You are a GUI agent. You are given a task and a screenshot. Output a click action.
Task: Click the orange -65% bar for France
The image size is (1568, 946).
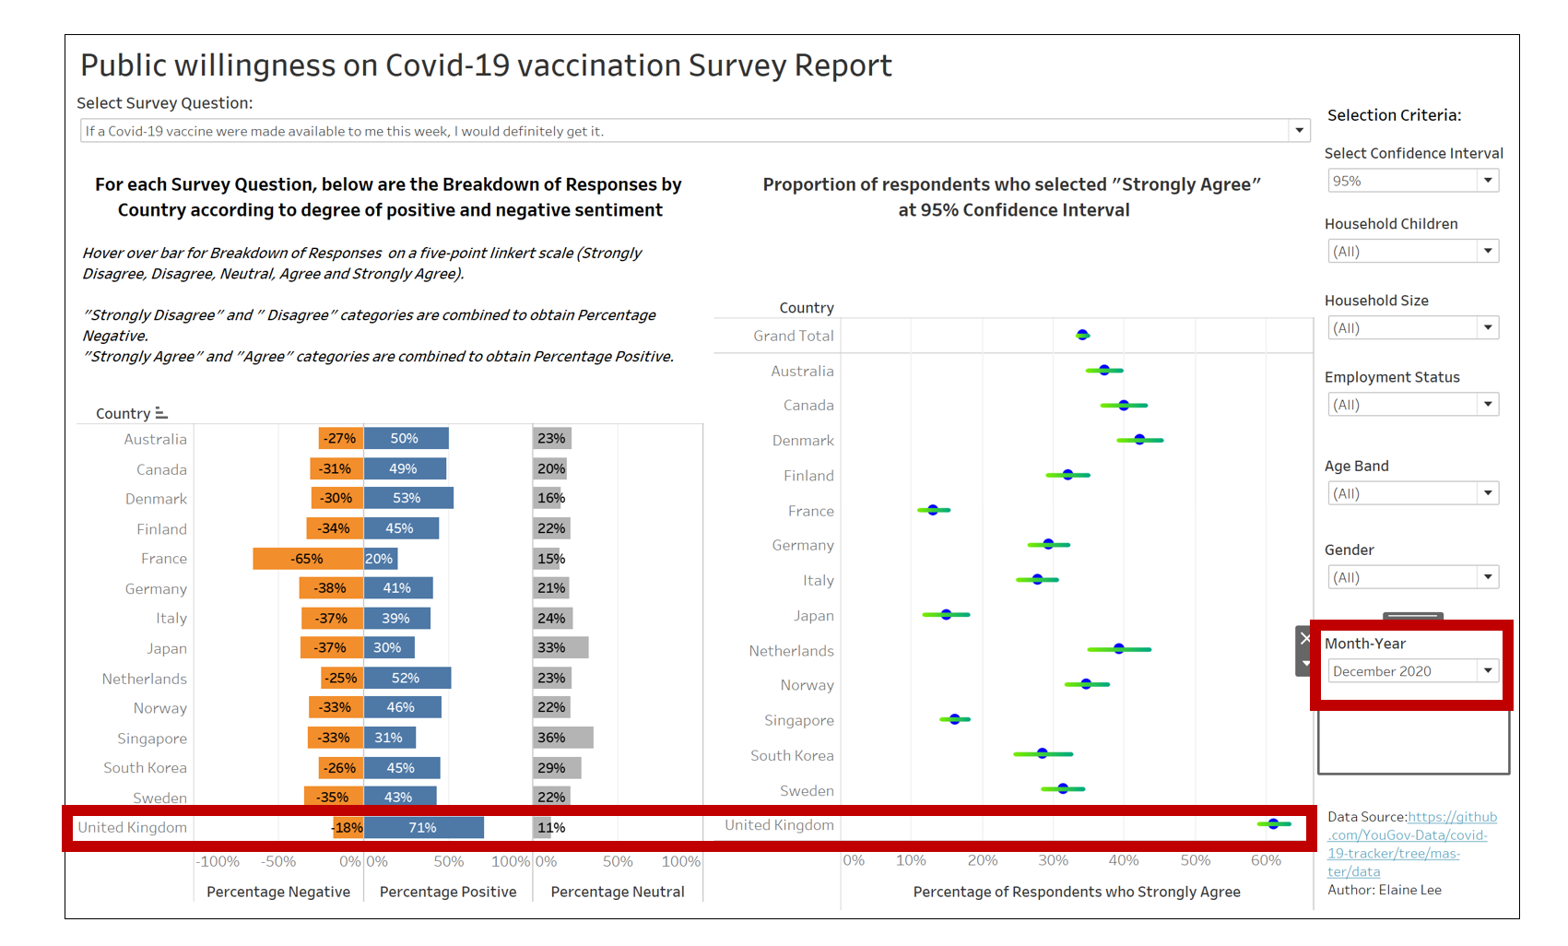[x=308, y=559]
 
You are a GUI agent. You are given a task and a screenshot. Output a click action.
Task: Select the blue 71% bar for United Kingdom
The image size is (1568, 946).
[x=423, y=828]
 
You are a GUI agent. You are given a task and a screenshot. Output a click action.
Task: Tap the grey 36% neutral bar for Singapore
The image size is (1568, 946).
[x=562, y=738]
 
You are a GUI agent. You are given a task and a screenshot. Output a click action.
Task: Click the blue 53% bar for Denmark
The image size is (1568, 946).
[x=407, y=498]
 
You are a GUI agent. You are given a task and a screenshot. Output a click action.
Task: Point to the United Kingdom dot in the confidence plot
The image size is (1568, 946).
[x=1273, y=823]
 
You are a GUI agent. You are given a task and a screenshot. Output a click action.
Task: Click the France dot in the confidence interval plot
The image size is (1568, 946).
[x=933, y=510]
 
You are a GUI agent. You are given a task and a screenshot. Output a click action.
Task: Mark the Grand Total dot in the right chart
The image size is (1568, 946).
[x=1083, y=335]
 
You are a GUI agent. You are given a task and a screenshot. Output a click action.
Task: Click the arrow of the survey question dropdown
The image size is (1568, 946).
[x=1299, y=131]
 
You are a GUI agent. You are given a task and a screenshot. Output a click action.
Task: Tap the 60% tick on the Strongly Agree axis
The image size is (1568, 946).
[x=1266, y=860]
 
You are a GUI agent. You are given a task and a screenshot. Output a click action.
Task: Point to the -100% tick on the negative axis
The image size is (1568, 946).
[x=218, y=862]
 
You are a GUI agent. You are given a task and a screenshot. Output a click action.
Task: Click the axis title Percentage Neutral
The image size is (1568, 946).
[x=618, y=892]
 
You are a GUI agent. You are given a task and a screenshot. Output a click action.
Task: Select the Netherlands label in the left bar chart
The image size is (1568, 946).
[x=144, y=679]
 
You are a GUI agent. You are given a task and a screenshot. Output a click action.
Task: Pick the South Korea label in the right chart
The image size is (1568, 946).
[x=792, y=755]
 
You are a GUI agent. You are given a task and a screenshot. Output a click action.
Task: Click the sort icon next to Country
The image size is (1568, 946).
[x=161, y=413]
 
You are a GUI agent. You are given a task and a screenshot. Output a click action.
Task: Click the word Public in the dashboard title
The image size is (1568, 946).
[x=124, y=65]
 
